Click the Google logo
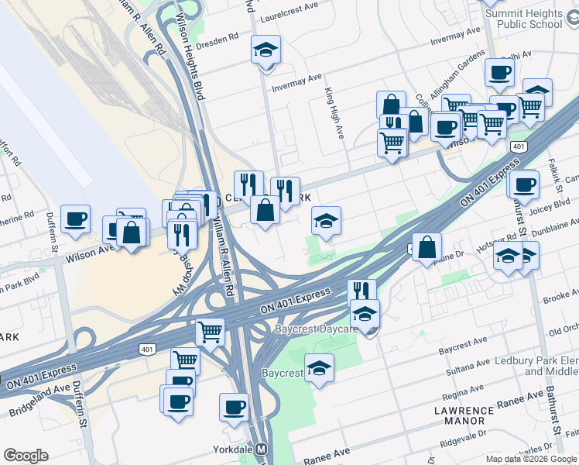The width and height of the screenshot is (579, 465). click(x=26, y=456)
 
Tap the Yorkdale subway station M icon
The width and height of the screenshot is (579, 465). click(x=262, y=449)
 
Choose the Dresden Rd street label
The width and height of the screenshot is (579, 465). click(x=220, y=45)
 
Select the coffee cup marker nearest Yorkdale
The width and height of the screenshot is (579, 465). click(x=234, y=407)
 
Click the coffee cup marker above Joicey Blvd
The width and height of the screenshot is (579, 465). click(x=524, y=184)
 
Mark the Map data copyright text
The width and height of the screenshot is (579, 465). click(x=532, y=458)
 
